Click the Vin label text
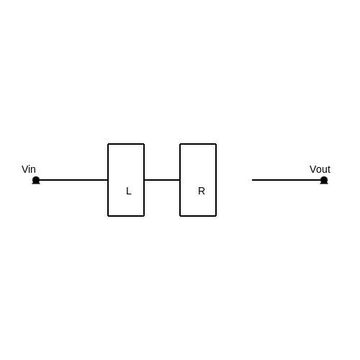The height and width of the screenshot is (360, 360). click(29, 169)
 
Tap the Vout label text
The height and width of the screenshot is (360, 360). click(320, 169)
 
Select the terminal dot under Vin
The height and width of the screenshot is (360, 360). click(36, 180)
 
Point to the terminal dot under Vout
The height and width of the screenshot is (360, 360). click(324, 180)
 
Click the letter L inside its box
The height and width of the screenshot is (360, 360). click(129, 191)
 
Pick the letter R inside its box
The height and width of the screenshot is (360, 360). click(202, 191)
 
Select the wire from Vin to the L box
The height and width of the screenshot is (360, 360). click(72, 180)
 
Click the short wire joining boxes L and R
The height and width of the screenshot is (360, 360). click(162, 180)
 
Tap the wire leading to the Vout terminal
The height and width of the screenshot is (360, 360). click(288, 180)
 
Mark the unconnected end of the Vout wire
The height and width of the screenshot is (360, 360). click(252, 180)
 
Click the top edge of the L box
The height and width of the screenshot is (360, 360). click(126, 144)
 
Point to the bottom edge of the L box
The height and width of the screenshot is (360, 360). click(126, 216)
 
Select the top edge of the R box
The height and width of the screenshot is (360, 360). click(198, 144)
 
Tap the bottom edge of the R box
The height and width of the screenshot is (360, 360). click(198, 216)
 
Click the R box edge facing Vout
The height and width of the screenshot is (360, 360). click(216, 180)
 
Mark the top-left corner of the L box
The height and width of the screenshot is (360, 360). click(108, 144)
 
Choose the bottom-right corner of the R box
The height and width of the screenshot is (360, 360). click(216, 216)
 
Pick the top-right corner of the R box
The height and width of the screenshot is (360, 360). click(216, 144)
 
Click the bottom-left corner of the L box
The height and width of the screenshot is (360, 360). click(108, 216)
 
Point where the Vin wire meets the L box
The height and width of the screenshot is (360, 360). click(108, 180)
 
